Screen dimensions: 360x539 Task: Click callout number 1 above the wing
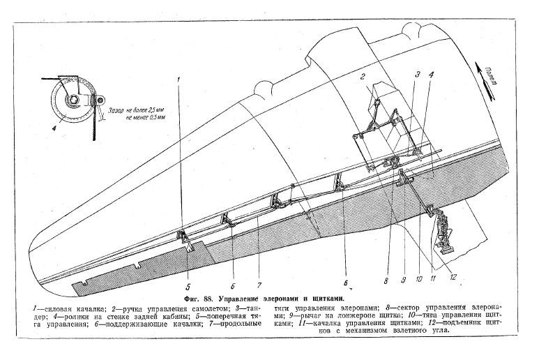(179, 79)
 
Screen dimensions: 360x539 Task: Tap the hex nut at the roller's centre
(72, 103)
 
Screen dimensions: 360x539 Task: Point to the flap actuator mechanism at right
(443, 233)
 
